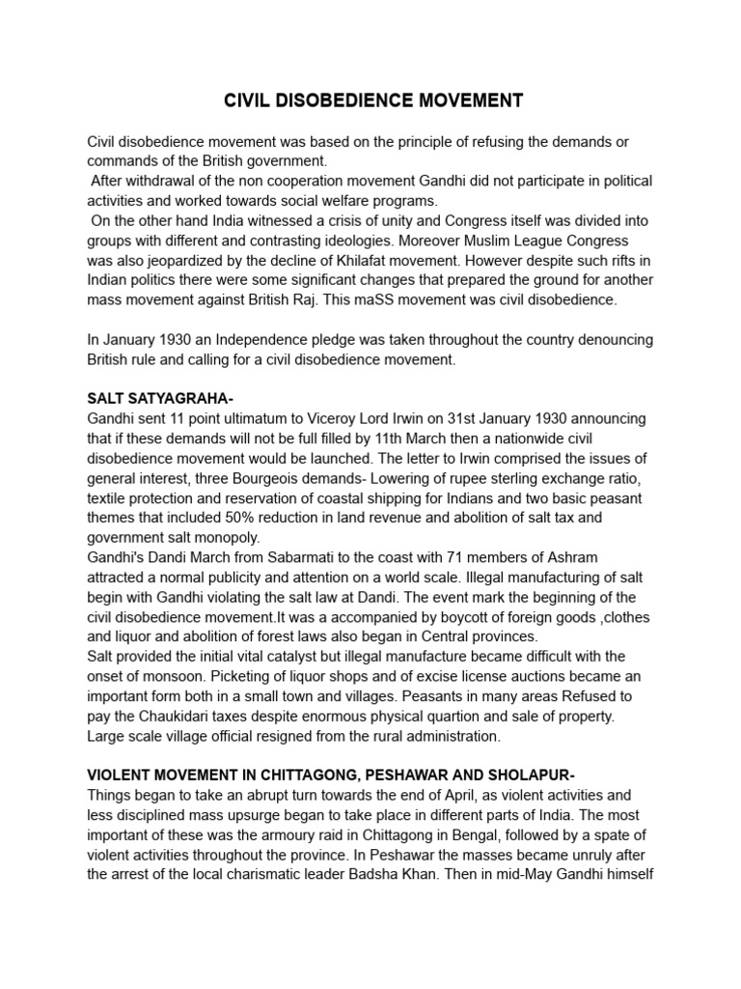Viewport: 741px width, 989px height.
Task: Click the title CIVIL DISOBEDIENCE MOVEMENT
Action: [373, 100]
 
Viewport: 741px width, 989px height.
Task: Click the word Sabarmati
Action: [330, 557]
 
